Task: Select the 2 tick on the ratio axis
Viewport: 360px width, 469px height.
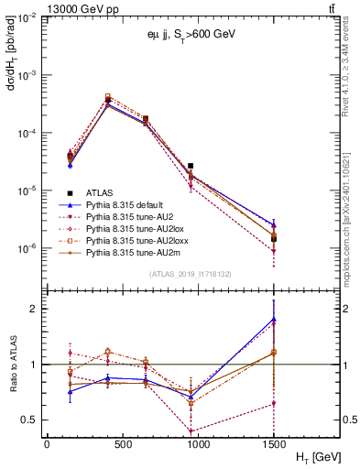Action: tap(36, 309)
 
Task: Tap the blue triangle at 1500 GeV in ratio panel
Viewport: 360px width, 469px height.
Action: tap(274, 319)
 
